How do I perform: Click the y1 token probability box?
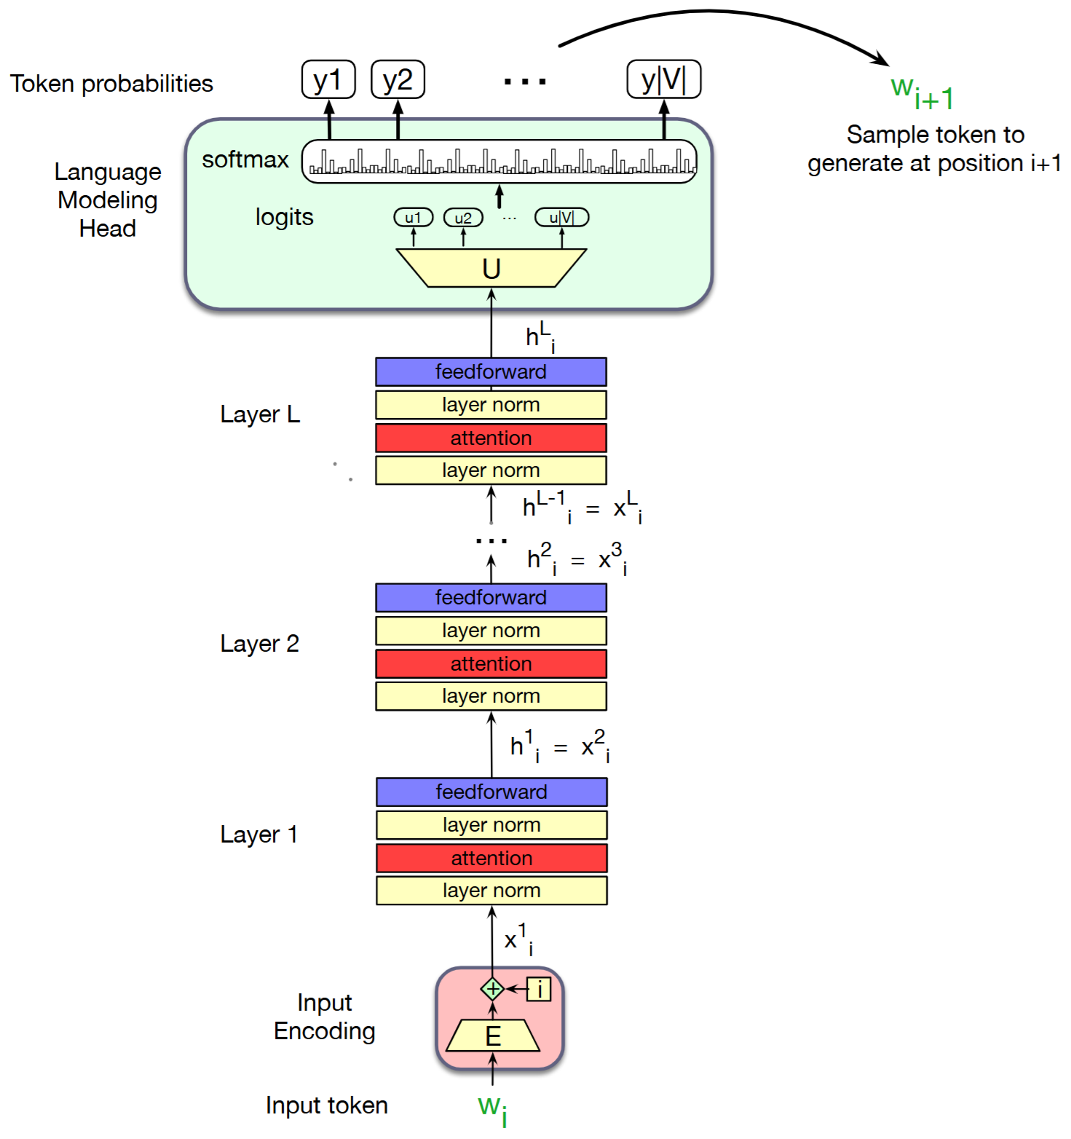pos(328,79)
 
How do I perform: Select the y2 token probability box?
pos(398,79)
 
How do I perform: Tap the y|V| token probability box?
pos(663,79)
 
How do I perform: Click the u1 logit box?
pos(413,218)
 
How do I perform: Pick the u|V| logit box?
pos(561,218)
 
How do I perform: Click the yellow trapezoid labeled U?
pos(491,269)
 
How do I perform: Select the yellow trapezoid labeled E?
pos(493,1036)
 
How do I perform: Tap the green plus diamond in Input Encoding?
pos(493,989)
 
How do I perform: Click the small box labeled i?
pos(539,989)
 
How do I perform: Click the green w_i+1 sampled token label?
pos(922,92)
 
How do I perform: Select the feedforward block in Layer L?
pos(491,371)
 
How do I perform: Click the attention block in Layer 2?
pos(491,663)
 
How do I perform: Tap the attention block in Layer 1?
pos(491,858)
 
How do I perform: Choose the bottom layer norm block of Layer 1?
pos(491,891)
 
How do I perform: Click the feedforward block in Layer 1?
pos(491,792)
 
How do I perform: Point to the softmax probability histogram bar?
pos(499,162)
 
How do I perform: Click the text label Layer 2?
pos(260,644)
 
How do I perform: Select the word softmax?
pos(245,159)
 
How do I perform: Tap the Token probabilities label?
pos(111,84)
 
